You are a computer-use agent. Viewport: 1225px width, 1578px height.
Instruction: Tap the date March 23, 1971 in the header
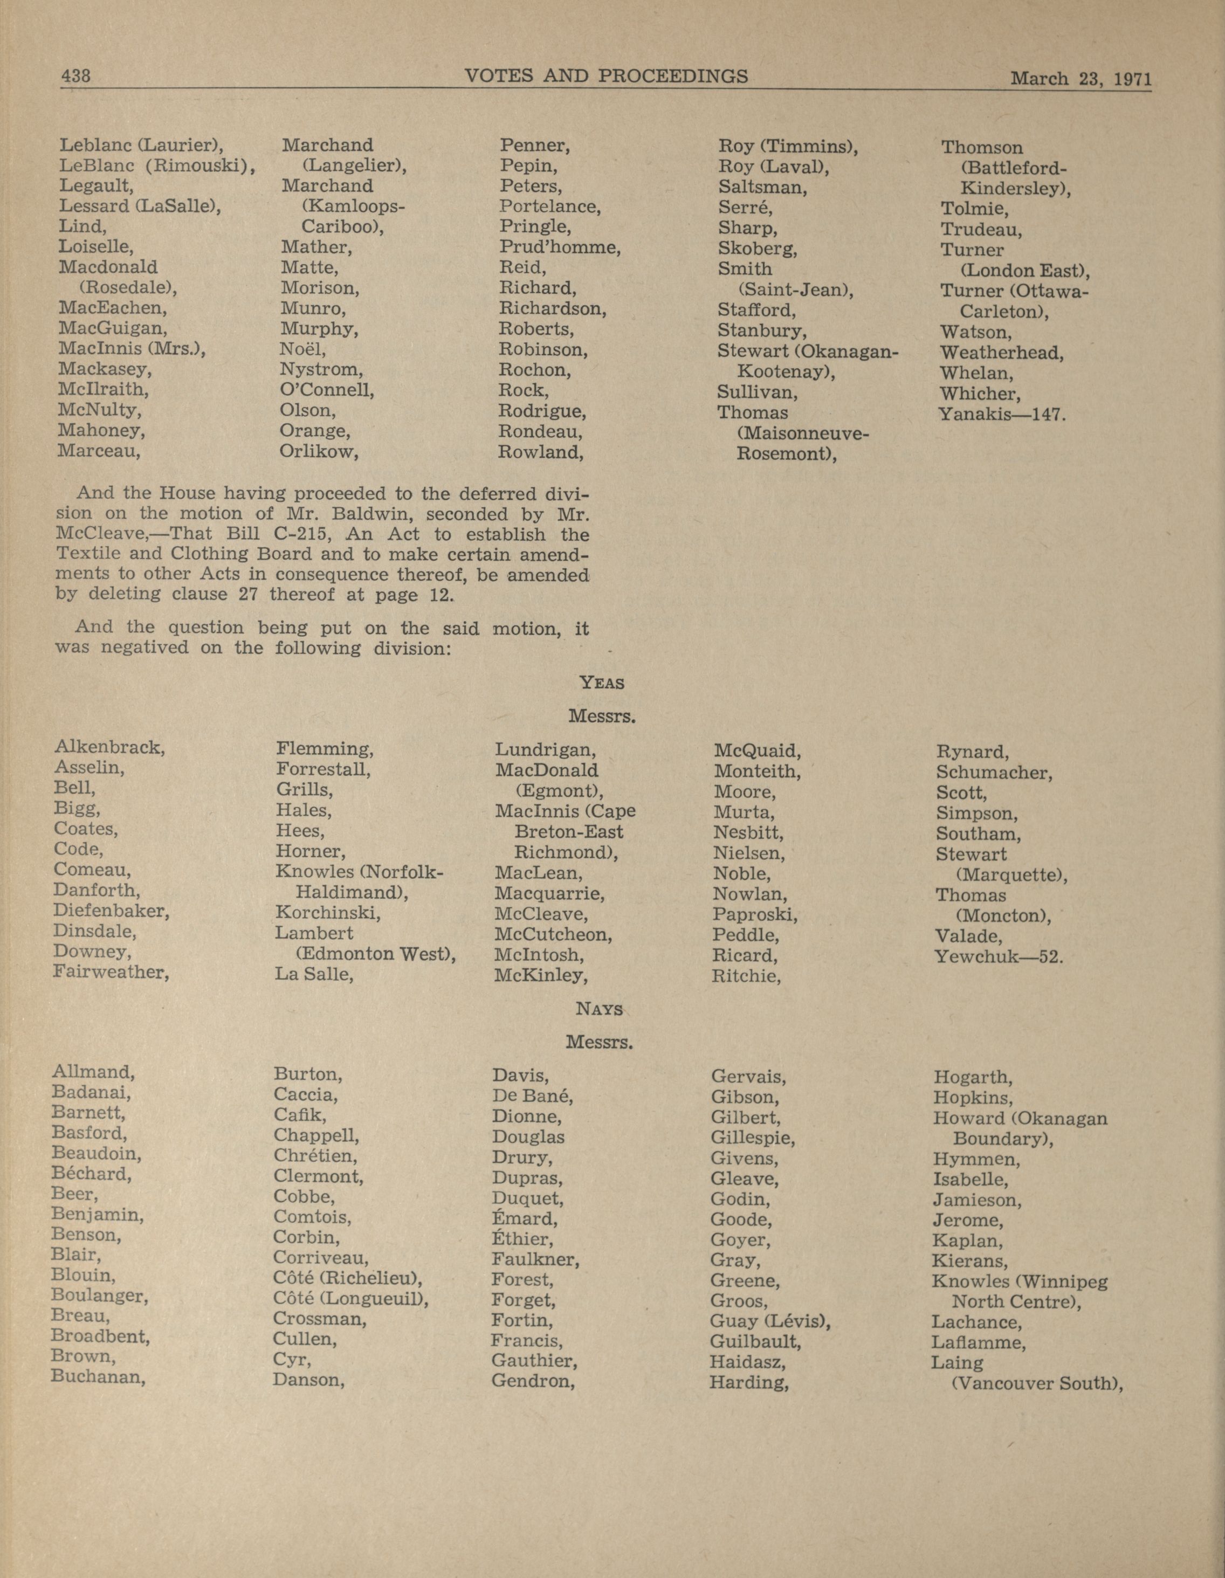point(1080,78)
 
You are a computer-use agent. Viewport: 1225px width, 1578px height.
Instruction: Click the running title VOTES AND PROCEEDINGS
point(605,76)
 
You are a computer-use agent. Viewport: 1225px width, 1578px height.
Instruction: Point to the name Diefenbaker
point(111,911)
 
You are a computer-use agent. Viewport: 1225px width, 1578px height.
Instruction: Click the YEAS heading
point(601,682)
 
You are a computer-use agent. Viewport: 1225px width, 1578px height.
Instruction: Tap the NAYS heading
point(599,1009)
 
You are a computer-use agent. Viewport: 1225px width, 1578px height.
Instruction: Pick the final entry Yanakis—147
point(1002,415)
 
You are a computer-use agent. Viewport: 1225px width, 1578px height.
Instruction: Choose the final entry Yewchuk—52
point(999,956)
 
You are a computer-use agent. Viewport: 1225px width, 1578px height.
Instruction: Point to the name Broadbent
point(100,1336)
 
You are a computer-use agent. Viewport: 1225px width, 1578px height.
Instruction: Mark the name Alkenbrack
point(109,747)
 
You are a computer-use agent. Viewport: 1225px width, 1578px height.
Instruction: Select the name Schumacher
point(994,773)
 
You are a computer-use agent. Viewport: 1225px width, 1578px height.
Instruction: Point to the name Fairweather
point(111,972)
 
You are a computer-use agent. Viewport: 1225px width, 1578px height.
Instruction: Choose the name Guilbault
point(754,1342)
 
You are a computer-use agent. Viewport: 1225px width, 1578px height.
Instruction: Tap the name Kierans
point(968,1262)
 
